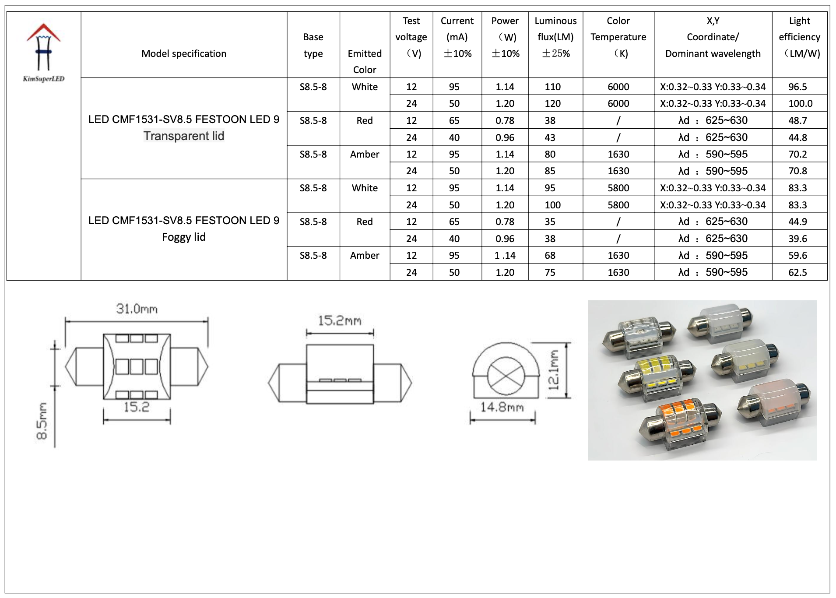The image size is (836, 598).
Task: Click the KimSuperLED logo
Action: coord(43,53)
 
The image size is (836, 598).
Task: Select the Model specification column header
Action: coord(184,54)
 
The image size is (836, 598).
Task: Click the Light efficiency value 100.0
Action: coord(800,104)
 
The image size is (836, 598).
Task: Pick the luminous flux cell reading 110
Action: coord(552,87)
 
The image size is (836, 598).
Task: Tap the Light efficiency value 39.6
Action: coord(797,239)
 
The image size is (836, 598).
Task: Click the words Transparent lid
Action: coord(184,136)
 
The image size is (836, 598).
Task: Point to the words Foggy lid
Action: coord(184,237)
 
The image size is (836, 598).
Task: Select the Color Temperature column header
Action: coord(618,37)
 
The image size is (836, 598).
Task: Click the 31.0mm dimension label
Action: coord(137,309)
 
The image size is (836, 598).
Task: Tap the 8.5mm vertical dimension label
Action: coord(42,421)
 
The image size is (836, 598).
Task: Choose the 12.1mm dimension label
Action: coord(554,370)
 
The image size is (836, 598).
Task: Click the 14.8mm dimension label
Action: coord(502,408)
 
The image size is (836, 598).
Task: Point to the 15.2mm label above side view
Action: coord(340,321)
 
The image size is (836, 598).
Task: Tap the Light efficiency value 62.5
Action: coord(797,273)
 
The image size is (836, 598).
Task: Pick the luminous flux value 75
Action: coord(550,273)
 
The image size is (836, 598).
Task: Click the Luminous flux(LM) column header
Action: coord(555,37)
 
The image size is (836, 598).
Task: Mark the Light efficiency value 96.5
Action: coord(797,87)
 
